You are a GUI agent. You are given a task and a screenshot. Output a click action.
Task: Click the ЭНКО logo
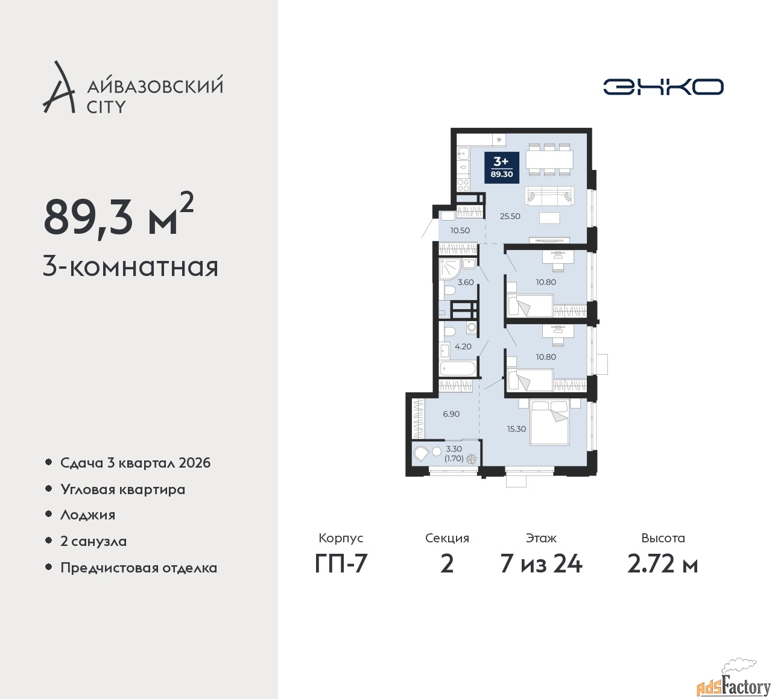pyautogui.click(x=663, y=87)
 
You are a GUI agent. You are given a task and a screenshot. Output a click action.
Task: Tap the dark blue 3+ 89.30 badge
pyautogui.click(x=502, y=168)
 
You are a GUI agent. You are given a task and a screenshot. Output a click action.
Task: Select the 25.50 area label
pyautogui.click(x=510, y=216)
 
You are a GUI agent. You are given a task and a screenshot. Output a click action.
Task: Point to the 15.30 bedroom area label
pyautogui.click(x=516, y=429)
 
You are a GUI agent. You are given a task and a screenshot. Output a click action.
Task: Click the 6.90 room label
pyautogui.click(x=451, y=414)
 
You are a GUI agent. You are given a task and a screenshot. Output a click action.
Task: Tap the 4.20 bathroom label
pyautogui.click(x=463, y=346)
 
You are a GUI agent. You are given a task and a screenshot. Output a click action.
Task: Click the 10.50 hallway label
pyautogui.click(x=460, y=231)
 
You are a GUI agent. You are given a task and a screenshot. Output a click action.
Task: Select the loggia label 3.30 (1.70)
pyautogui.click(x=454, y=454)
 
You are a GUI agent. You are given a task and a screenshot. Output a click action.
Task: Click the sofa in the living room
pyautogui.click(x=549, y=196)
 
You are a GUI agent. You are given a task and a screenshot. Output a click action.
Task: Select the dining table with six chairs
pyautogui.click(x=549, y=160)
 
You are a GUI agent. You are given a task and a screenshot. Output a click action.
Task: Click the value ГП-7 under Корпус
pyautogui.click(x=341, y=564)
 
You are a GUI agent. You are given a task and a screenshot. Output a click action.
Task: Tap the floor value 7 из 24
pyautogui.click(x=541, y=564)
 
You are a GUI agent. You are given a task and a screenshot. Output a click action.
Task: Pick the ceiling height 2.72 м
pyautogui.click(x=662, y=564)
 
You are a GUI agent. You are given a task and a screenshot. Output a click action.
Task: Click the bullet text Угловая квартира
pyautogui.click(x=123, y=490)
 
